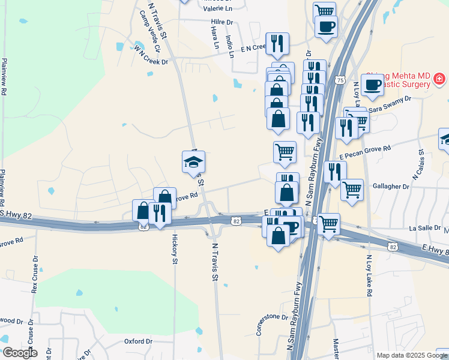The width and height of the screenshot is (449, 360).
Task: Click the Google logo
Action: pos(19,353)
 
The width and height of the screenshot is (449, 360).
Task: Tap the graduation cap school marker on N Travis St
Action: pos(193,162)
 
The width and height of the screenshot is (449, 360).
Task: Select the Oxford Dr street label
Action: pos(139,341)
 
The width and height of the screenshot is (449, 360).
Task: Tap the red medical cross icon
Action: pos(439,79)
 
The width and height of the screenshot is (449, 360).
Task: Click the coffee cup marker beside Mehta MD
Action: pos(373,85)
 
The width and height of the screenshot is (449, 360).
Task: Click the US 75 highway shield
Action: pos(340,80)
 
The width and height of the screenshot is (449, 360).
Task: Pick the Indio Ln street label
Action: pos(230,45)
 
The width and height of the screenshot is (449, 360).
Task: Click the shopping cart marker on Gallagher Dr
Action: pos(352,190)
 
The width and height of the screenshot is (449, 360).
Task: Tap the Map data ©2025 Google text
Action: pos(411,355)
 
